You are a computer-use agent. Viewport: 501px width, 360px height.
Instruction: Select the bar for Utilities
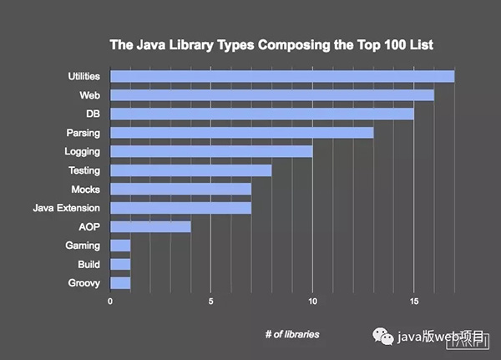pyautogui.click(x=282, y=77)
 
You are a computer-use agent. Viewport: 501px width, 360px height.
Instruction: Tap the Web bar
pyautogui.click(x=272, y=95)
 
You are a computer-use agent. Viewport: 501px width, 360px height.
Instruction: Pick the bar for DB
pyautogui.click(x=262, y=114)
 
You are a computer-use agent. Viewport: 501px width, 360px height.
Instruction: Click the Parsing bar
pyautogui.click(x=242, y=133)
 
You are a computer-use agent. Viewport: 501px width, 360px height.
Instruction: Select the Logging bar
pyautogui.click(x=211, y=151)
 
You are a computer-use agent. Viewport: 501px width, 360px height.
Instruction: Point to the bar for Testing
pyautogui.click(x=191, y=170)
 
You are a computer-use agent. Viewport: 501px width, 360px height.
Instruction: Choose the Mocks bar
pyautogui.click(x=181, y=189)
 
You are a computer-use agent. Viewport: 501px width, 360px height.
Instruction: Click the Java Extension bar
pyautogui.click(x=181, y=207)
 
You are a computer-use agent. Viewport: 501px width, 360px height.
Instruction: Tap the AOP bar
pyautogui.click(x=150, y=226)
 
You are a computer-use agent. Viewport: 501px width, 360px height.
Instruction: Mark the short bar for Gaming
pyautogui.click(x=120, y=246)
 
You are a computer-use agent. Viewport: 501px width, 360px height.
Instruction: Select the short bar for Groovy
pyautogui.click(x=120, y=283)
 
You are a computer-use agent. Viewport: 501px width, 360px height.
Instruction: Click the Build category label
pyautogui.click(x=88, y=264)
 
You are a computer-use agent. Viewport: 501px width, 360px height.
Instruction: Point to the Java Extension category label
pyautogui.click(x=66, y=207)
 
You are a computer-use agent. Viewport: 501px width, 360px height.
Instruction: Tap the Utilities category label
pyautogui.click(x=84, y=77)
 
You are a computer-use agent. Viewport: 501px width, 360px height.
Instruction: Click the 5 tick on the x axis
pyautogui.click(x=211, y=302)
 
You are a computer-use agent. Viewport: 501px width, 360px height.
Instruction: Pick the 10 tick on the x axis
pyautogui.click(x=312, y=302)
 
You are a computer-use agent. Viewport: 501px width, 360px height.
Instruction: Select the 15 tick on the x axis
pyautogui.click(x=413, y=302)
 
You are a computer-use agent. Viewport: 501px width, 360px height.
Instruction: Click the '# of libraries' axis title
pyautogui.click(x=291, y=334)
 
